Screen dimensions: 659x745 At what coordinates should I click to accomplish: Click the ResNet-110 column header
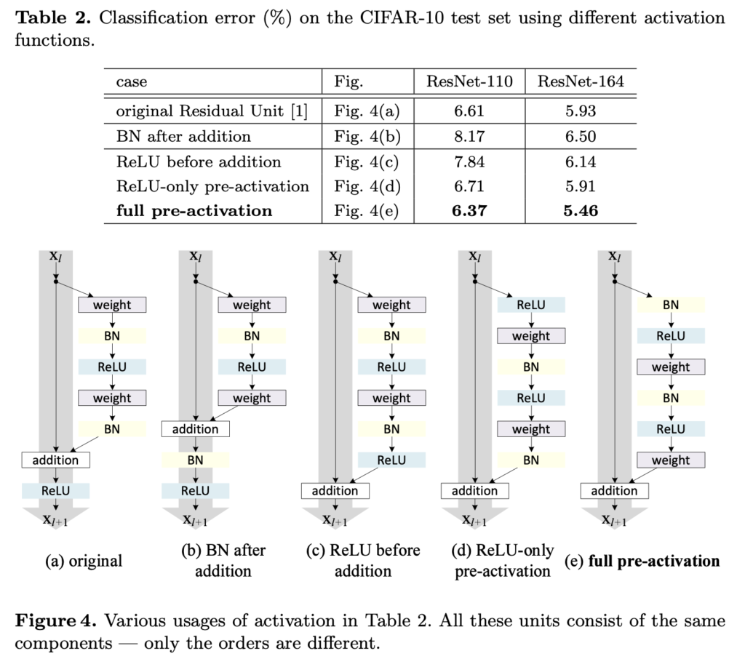click(x=469, y=81)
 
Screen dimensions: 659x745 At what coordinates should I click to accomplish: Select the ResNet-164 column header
click(x=580, y=81)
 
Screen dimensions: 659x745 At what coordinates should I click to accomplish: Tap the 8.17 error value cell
click(x=469, y=136)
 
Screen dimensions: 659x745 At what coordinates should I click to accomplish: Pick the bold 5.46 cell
click(x=580, y=211)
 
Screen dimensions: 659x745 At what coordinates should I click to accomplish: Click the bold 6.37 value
click(x=469, y=211)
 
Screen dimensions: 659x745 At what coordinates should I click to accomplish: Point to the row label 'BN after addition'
click(x=183, y=136)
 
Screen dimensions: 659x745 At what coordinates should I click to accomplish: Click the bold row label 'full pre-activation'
click(x=194, y=211)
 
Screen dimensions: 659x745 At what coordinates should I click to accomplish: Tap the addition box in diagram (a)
click(x=55, y=460)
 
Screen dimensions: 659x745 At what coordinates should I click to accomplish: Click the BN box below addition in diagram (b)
click(x=195, y=460)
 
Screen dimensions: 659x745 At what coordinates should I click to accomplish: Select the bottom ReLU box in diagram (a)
click(x=55, y=490)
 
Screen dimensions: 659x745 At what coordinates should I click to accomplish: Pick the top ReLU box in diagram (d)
click(x=531, y=305)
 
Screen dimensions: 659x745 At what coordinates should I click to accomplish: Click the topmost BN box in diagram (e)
click(x=670, y=305)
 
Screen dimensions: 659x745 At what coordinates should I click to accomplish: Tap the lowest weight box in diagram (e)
click(x=670, y=460)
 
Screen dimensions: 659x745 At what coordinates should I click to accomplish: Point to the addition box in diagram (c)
click(x=335, y=490)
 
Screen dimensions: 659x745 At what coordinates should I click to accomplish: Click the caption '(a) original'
click(x=84, y=561)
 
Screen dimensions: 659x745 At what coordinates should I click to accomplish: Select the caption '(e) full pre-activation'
click(x=642, y=561)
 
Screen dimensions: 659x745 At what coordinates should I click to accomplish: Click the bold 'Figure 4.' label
click(x=55, y=621)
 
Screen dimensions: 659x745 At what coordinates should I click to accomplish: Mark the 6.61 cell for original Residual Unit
click(x=469, y=111)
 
